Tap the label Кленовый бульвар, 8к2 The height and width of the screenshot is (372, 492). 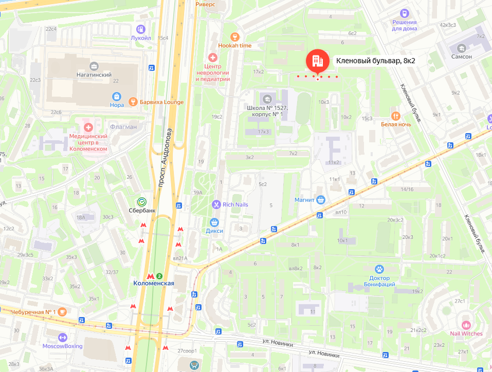pos(375,61)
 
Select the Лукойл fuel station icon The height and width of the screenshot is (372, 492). pos(141,29)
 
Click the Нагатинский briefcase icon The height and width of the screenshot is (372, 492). pos(94,66)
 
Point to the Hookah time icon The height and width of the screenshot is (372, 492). pos(235,36)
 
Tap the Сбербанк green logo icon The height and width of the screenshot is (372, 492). pos(139,202)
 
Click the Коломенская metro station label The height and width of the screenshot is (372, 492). pos(154,283)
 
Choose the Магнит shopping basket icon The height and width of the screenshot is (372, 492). pos(321,200)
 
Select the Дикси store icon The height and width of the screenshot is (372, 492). pos(214,222)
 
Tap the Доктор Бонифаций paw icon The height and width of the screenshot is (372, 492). pos(379,269)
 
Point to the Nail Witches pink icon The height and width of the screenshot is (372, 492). pos(466,325)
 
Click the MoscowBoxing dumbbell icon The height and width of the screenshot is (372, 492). pos(63,337)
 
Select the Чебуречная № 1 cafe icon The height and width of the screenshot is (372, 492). pos(62,311)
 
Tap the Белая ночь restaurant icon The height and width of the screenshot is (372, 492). pos(395,115)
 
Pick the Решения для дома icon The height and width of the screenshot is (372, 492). pos(405,13)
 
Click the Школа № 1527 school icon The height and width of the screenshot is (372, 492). pos(266,99)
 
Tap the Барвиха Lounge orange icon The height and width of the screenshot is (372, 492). pos(133,102)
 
